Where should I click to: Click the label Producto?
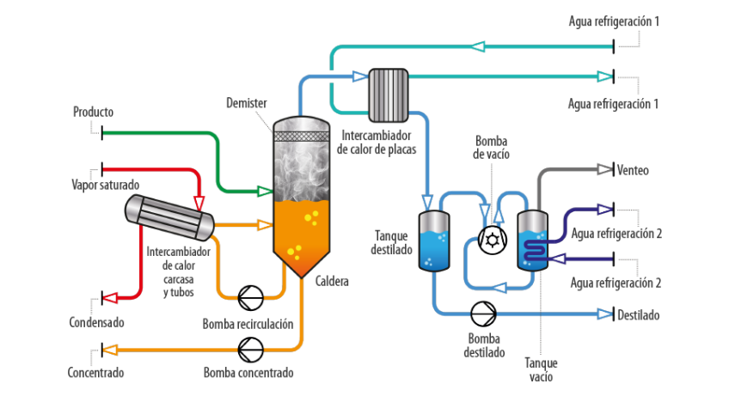click(93, 112)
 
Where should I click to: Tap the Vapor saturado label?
click(105, 184)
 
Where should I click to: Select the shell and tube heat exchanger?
click(169, 217)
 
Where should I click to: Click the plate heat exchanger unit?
click(388, 94)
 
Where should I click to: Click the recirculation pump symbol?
click(251, 296)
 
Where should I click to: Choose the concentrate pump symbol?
click(251, 349)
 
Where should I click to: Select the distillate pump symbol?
click(483, 314)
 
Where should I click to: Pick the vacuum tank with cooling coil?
click(533, 241)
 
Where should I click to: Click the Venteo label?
click(632, 170)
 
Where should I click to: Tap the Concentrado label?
click(96, 373)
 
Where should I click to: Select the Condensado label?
click(97, 323)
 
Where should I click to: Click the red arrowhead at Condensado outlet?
click(111, 298)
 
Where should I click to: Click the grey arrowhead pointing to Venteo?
click(603, 170)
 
